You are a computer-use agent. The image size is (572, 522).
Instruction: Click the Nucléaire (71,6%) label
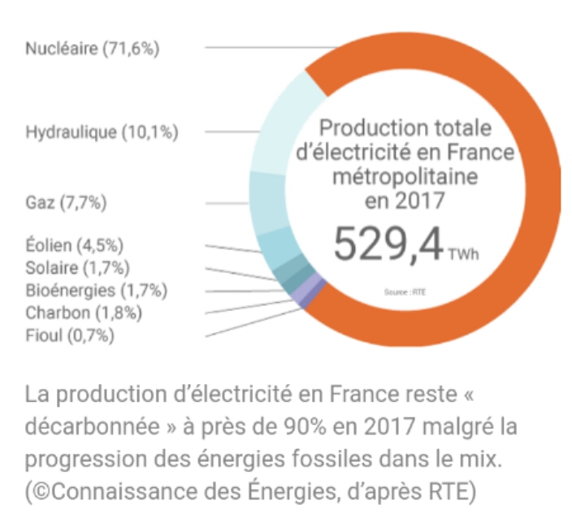tap(92, 48)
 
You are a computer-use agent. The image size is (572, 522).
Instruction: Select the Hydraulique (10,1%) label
tap(102, 132)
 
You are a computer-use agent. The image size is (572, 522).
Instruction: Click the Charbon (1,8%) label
tap(84, 313)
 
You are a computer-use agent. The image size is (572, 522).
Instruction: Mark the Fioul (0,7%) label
tap(70, 334)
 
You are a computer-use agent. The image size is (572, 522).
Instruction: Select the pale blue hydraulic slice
tap(280, 122)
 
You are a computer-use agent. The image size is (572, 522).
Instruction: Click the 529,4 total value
tap(388, 242)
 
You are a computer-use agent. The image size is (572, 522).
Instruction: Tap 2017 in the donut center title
tap(421, 199)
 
